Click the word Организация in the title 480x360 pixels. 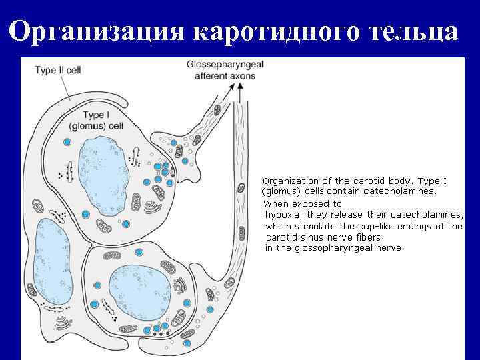[100, 32]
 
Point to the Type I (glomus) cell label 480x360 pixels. [96, 121]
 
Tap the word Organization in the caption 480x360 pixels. [291, 181]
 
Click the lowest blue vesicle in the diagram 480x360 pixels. [187, 343]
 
